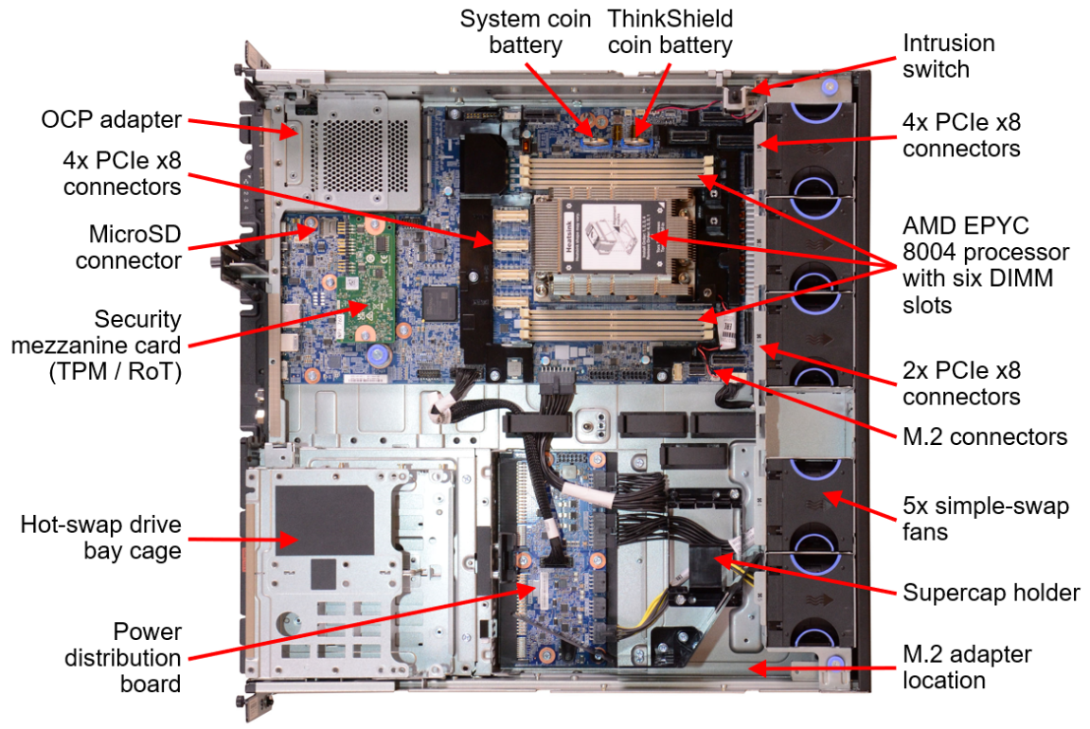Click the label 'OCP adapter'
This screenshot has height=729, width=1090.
click(111, 120)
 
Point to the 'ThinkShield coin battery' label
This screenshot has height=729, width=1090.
click(670, 31)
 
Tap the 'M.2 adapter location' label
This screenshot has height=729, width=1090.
click(967, 667)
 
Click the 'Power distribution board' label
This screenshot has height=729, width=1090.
click(123, 657)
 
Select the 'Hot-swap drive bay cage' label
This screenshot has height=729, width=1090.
click(101, 538)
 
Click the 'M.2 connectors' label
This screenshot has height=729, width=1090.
click(986, 436)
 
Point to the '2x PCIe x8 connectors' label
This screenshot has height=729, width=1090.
click(962, 382)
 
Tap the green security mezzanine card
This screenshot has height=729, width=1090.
click(356, 275)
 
